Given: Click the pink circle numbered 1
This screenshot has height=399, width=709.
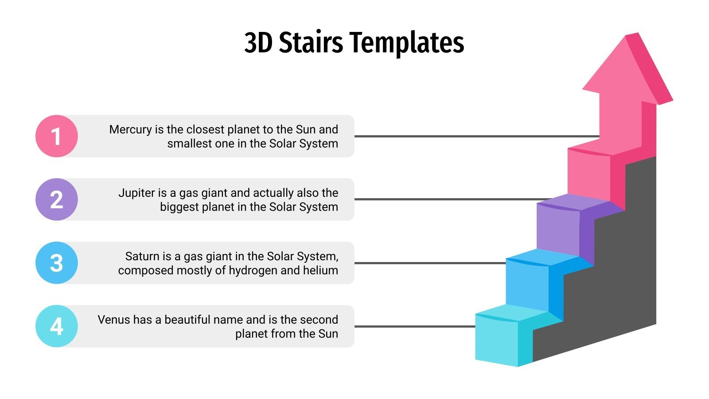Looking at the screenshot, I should pos(56,136).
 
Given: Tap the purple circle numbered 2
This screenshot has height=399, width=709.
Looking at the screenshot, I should pos(56,199).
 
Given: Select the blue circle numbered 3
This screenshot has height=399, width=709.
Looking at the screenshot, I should pos(56,263).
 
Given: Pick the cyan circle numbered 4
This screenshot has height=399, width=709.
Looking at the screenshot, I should pos(56,326).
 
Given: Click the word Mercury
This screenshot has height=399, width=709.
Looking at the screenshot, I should pos(130,129).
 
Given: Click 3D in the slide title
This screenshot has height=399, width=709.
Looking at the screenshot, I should pos(258,43).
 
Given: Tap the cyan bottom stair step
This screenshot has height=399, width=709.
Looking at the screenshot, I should pos(496,339).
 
